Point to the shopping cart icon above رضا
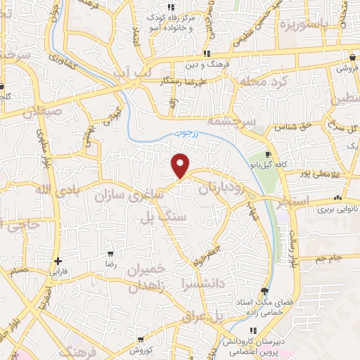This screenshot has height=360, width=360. point(110,253)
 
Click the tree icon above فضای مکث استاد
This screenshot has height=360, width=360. point(264,291)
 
